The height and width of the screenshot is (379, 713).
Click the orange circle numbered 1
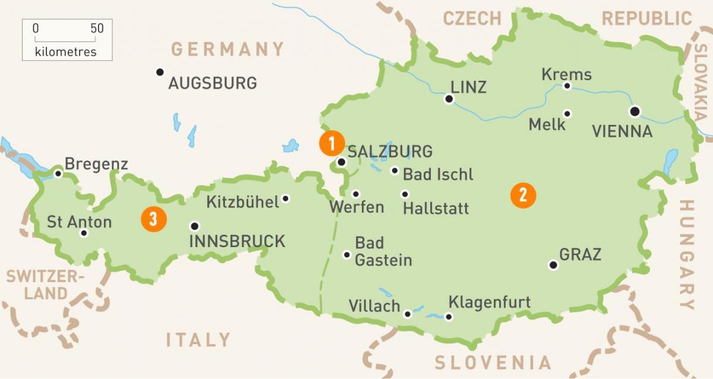point(332,143)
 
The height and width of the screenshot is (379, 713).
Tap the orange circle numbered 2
point(523,195)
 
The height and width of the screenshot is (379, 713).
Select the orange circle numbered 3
point(153,219)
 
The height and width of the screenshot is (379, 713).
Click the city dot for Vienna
point(635,111)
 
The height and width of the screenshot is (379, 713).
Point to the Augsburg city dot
point(159,72)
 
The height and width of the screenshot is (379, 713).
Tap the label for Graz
point(581,255)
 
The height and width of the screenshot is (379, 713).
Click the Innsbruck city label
point(237,241)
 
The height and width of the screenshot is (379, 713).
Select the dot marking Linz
point(449,99)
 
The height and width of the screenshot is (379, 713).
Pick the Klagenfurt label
point(490,302)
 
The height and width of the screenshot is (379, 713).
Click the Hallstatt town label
point(436,209)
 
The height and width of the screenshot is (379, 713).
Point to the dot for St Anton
point(84,233)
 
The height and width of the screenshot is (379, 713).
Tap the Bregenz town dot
point(58,173)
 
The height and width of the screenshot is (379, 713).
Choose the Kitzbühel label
point(242,202)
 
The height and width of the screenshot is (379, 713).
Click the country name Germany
point(228,49)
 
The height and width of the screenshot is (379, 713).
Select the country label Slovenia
point(493,362)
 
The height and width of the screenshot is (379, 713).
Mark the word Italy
point(198,340)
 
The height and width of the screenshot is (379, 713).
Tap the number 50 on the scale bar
point(97,28)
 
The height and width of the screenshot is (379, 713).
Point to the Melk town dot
point(567,113)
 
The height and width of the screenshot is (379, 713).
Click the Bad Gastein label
point(383,251)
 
